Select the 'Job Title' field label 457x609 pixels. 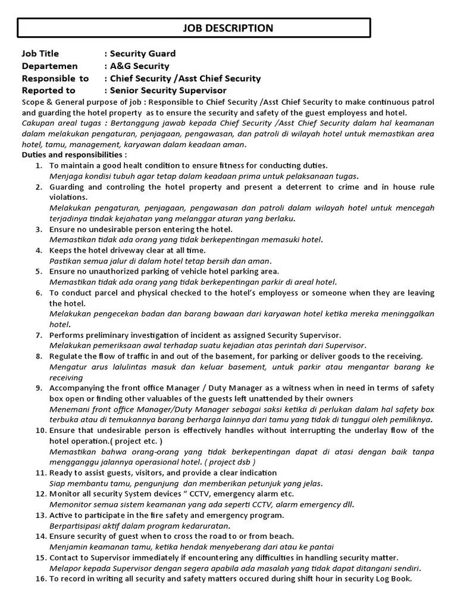point(40,54)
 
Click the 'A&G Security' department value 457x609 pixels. point(139,66)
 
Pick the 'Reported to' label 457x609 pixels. point(48,90)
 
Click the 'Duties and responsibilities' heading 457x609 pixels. point(74,154)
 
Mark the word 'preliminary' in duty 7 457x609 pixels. point(108,335)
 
